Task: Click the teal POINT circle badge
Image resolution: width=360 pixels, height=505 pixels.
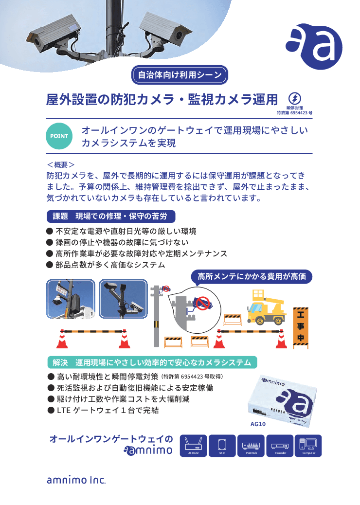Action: (x=59, y=136)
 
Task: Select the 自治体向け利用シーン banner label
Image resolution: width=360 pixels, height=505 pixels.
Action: (x=180, y=75)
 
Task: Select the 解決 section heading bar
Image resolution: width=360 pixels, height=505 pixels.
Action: (x=151, y=362)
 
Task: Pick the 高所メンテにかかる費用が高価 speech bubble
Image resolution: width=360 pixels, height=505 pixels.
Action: (x=251, y=276)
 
